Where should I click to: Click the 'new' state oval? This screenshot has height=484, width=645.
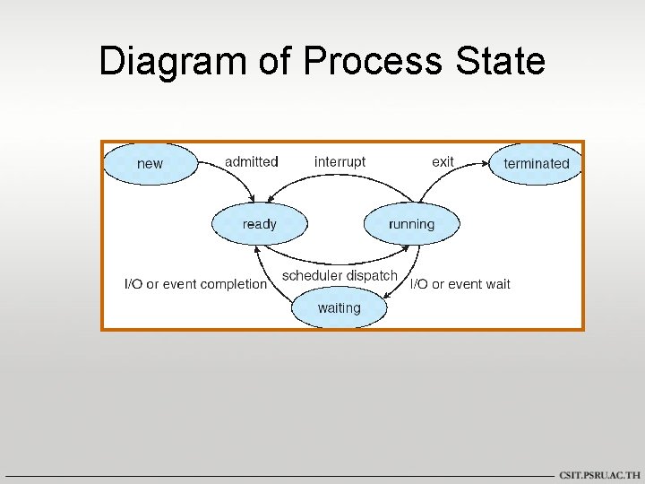(150, 164)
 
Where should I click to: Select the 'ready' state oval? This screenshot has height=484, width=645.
(259, 224)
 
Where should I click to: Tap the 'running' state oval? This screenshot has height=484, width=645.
(411, 224)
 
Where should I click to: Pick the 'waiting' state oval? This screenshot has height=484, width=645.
(340, 308)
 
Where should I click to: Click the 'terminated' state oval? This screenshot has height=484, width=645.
(536, 164)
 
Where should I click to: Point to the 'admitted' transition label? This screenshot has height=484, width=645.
(252, 162)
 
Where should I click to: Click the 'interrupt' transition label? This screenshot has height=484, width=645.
(340, 162)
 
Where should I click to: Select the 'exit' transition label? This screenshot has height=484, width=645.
(443, 162)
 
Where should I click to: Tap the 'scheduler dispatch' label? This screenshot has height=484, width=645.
(340, 276)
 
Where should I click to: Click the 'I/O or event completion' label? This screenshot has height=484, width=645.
(195, 284)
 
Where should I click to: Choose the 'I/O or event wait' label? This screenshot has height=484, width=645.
(460, 284)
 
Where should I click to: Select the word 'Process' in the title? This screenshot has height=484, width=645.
(372, 62)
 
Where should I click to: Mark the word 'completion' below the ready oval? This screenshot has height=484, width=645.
(235, 284)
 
